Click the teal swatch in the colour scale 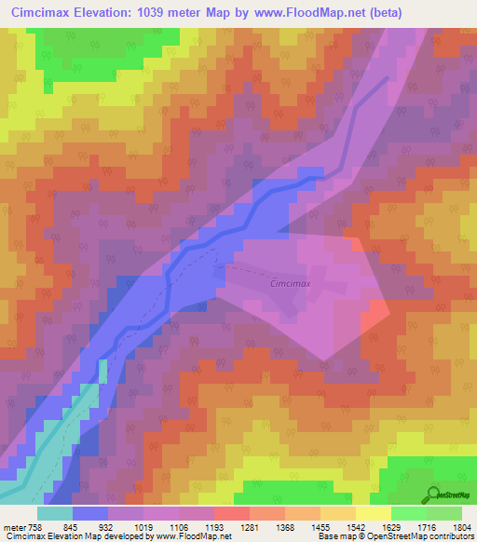[54, 513]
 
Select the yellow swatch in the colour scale [373, 513]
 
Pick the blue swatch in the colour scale [90, 513]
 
